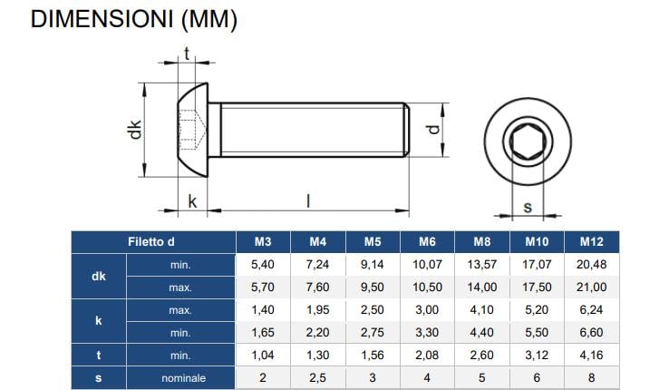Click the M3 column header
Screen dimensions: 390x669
(x=261, y=242)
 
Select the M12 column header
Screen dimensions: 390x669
(x=590, y=242)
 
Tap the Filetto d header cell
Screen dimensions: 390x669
(x=150, y=242)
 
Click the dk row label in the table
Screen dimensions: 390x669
(x=99, y=276)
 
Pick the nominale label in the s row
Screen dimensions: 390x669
(x=184, y=377)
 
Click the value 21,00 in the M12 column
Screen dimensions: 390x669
(x=590, y=288)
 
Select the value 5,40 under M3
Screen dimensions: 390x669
(x=261, y=265)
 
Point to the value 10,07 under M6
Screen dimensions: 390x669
(x=427, y=265)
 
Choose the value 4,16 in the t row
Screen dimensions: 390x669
(x=590, y=355)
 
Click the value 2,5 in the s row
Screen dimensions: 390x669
(x=316, y=377)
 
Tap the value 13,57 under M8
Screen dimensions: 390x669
(x=482, y=265)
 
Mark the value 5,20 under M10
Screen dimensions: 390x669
(x=537, y=310)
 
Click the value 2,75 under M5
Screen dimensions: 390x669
(x=372, y=333)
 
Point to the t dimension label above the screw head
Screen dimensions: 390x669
(x=188, y=53)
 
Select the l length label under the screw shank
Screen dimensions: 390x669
(x=307, y=201)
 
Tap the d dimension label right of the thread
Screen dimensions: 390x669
(x=434, y=131)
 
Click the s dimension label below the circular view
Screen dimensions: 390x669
(x=528, y=208)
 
